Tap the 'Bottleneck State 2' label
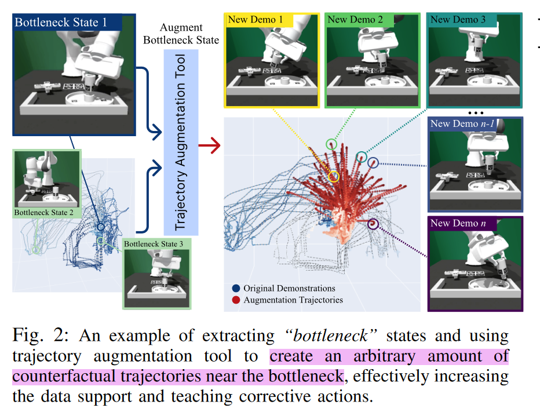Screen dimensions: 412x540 [44, 213]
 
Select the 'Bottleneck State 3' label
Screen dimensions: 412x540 [154, 244]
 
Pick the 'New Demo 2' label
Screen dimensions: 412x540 [355, 20]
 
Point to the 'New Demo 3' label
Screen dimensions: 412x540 [458, 20]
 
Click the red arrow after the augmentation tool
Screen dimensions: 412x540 [209, 146]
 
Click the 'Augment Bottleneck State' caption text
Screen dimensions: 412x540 [181, 34]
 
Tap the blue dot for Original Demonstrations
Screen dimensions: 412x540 [236, 288]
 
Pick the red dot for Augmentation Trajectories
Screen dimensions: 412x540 [236, 300]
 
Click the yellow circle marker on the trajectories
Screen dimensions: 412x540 [334, 176]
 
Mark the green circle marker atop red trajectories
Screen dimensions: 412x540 [331, 143]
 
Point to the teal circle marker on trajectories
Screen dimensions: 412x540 [361, 156]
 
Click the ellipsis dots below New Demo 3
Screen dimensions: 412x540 [475, 112]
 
